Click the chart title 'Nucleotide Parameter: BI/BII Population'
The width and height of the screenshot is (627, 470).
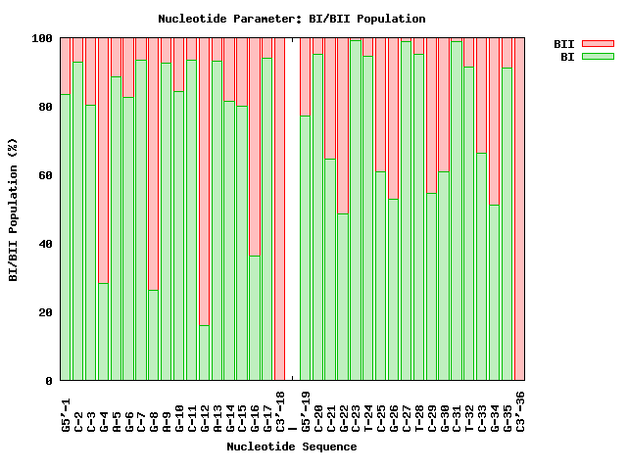(x=292, y=19)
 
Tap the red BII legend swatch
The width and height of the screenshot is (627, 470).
(x=597, y=44)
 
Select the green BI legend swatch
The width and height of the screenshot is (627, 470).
(x=597, y=57)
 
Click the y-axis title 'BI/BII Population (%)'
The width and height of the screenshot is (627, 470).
(x=14, y=210)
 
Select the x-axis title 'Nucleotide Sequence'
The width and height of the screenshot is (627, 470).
(x=292, y=446)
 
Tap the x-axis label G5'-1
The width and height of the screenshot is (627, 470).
(x=66, y=410)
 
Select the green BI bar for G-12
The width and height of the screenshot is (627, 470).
(x=205, y=352)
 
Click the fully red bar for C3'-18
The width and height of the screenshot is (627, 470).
(x=280, y=210)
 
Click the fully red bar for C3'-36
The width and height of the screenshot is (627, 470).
(x=519, y=210)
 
